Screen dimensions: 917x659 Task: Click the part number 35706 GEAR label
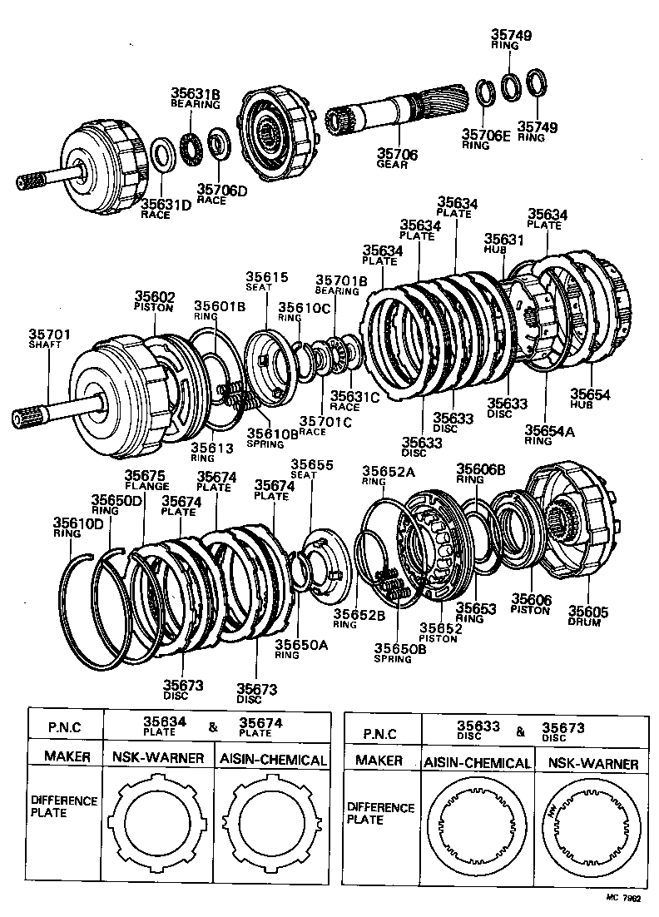point(397,159)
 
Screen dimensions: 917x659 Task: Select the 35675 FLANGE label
point(146,481)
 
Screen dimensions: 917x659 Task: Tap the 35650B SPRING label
point(399,653)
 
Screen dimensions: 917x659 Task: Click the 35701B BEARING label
point(340,285)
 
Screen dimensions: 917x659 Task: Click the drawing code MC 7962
point(624,900)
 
